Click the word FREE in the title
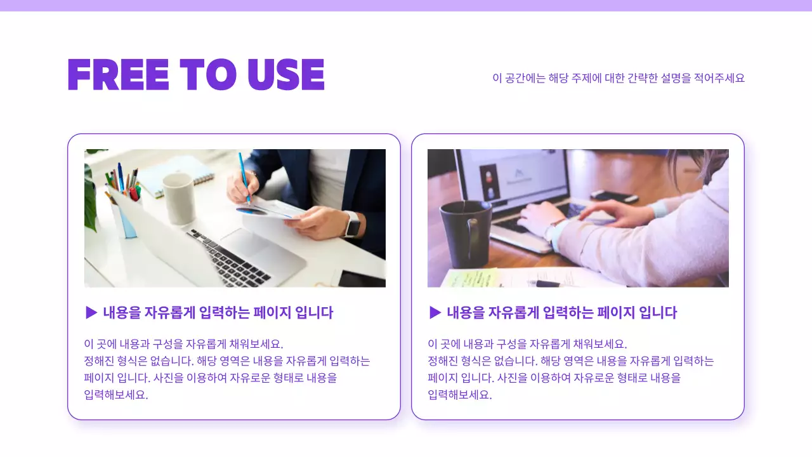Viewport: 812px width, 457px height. [118, 75]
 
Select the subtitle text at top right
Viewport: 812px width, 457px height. [619, 78]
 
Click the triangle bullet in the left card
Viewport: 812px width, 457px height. [91, 312]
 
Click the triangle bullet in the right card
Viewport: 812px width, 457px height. [435, 312]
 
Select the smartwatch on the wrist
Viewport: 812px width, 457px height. [352, 224]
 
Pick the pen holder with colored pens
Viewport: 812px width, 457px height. [124, 203]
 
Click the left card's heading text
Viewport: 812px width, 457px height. [218, 312]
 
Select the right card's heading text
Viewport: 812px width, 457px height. [561, 312]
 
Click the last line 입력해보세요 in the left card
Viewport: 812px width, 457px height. [116, 394]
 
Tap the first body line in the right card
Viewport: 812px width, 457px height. [527, 344]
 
